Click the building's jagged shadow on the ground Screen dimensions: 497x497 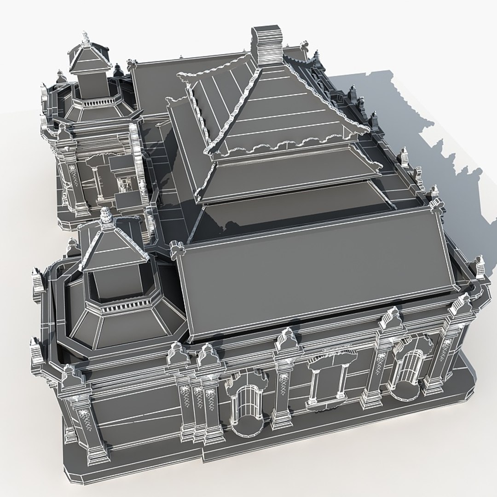(x=442, y=138)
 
